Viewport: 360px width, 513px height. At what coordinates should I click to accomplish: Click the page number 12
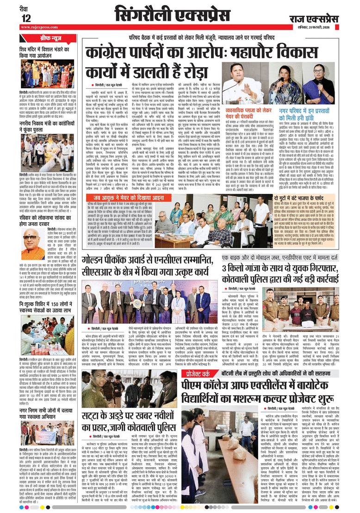26,18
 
